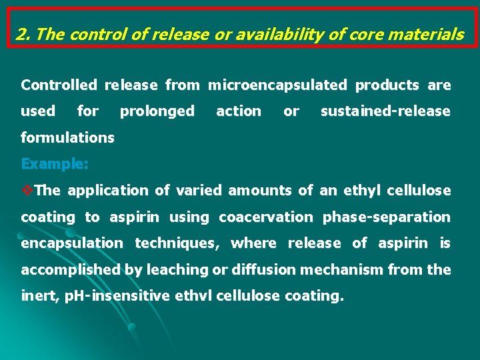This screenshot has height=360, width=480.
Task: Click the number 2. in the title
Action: coord(25,35)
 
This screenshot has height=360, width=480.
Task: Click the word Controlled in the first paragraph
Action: coord(59,85)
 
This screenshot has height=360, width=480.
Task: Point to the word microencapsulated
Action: coord(277,85)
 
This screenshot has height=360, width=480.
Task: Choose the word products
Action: coord(387,85)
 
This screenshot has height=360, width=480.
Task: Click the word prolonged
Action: coord(157,111)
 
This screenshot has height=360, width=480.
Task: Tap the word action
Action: coord(239,111)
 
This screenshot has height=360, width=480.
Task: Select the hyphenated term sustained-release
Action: coord(385,111)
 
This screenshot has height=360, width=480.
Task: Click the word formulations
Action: coord(67,138)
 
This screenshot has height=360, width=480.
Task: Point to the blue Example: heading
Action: coord(55,164)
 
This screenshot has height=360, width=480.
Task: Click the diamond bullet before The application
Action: coord(27,191)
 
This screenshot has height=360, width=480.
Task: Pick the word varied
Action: coord(199,191)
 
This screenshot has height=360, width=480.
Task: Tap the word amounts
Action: coord(260,191)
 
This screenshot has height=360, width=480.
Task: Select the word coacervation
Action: coord(265,217)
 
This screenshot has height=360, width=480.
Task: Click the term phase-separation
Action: coord(387,217)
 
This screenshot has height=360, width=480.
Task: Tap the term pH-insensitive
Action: coord(114,296)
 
